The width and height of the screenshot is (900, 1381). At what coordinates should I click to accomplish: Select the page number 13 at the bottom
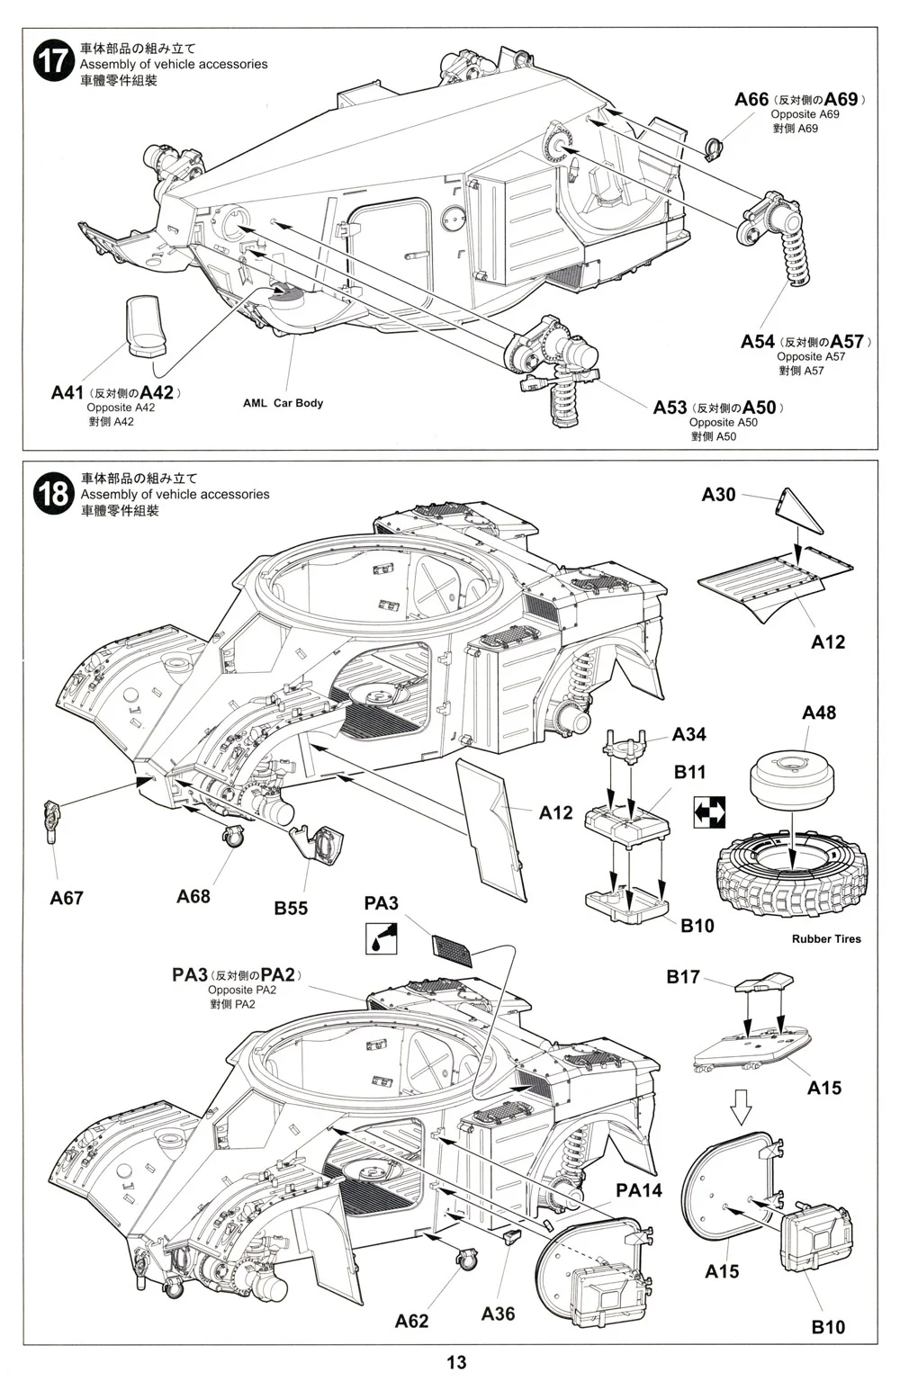(456, 1362)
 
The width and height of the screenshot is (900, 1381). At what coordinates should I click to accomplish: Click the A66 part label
(751, 99)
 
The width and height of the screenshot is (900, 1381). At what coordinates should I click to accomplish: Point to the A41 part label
(67, 393)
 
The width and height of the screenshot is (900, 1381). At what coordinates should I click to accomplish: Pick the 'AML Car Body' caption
(283, 403)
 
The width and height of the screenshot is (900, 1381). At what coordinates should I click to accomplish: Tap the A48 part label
(819, 713)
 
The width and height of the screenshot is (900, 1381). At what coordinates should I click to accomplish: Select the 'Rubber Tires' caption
(826, 939)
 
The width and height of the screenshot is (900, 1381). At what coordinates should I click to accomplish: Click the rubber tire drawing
(788, 872)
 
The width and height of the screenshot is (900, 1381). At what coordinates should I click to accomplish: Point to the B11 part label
(690, 772)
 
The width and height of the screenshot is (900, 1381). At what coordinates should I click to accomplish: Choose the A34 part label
(689, 735)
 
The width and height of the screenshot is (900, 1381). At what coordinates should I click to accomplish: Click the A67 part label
(67, 898)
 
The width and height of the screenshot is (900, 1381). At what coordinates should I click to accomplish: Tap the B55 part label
(291, 909)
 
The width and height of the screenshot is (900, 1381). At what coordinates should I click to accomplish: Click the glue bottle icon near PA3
(381, 937)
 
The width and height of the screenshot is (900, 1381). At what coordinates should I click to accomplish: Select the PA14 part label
(639, 1190)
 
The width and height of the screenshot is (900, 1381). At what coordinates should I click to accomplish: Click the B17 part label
(683, 977)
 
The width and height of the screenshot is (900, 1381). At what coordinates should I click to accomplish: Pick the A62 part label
(411, 1321)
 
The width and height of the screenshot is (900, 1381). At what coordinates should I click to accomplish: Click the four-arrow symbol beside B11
(710, 812)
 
